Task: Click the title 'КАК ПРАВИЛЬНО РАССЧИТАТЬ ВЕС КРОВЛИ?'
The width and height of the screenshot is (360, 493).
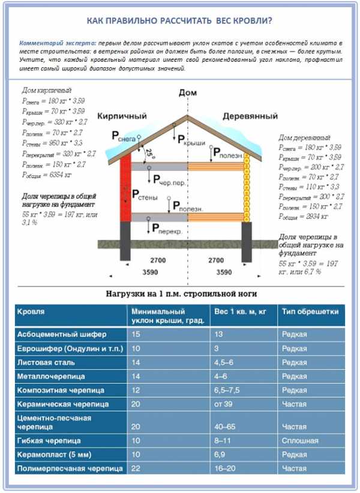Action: (179, 21)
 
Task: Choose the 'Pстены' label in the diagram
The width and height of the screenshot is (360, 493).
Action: (145, 195)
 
